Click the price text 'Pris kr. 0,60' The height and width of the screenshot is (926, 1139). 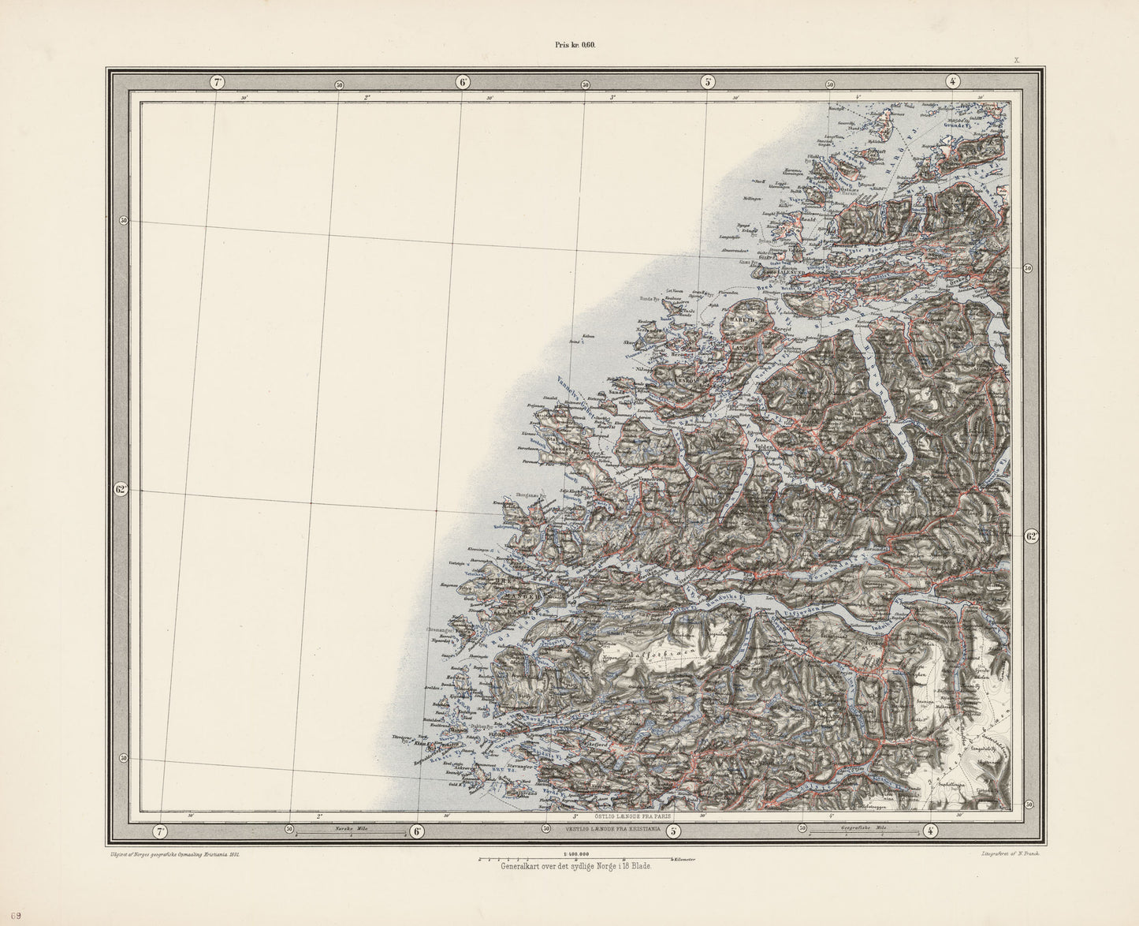(576, 45)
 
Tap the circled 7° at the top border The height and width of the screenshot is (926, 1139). (218, 81)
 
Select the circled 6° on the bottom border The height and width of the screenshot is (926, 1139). (417, 831)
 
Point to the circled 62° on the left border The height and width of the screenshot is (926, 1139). (121, 490)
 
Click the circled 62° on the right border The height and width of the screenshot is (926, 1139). (1032, 536)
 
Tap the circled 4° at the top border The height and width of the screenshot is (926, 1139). (953, 81)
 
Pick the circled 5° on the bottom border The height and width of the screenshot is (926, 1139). (673, 831)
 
